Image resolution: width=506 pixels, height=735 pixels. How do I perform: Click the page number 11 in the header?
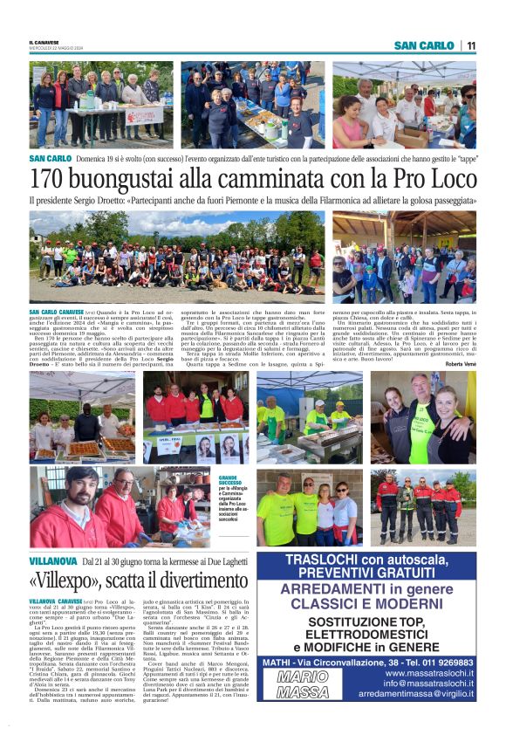pos(471,45)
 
